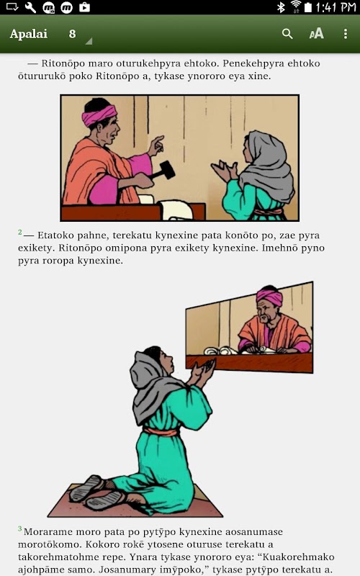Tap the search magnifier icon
point(287,34)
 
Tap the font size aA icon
point(316,34)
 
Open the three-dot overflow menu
point(346,34)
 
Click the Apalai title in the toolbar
point(29,34)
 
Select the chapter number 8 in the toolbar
point(73,34)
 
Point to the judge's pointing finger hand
point(156,145)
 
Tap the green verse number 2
point(20,232)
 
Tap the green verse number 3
point(20,529)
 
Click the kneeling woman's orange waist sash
point(161,431)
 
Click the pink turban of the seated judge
point(269,296)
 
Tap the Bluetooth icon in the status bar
point(281,7)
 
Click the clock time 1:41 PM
point(336,7)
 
